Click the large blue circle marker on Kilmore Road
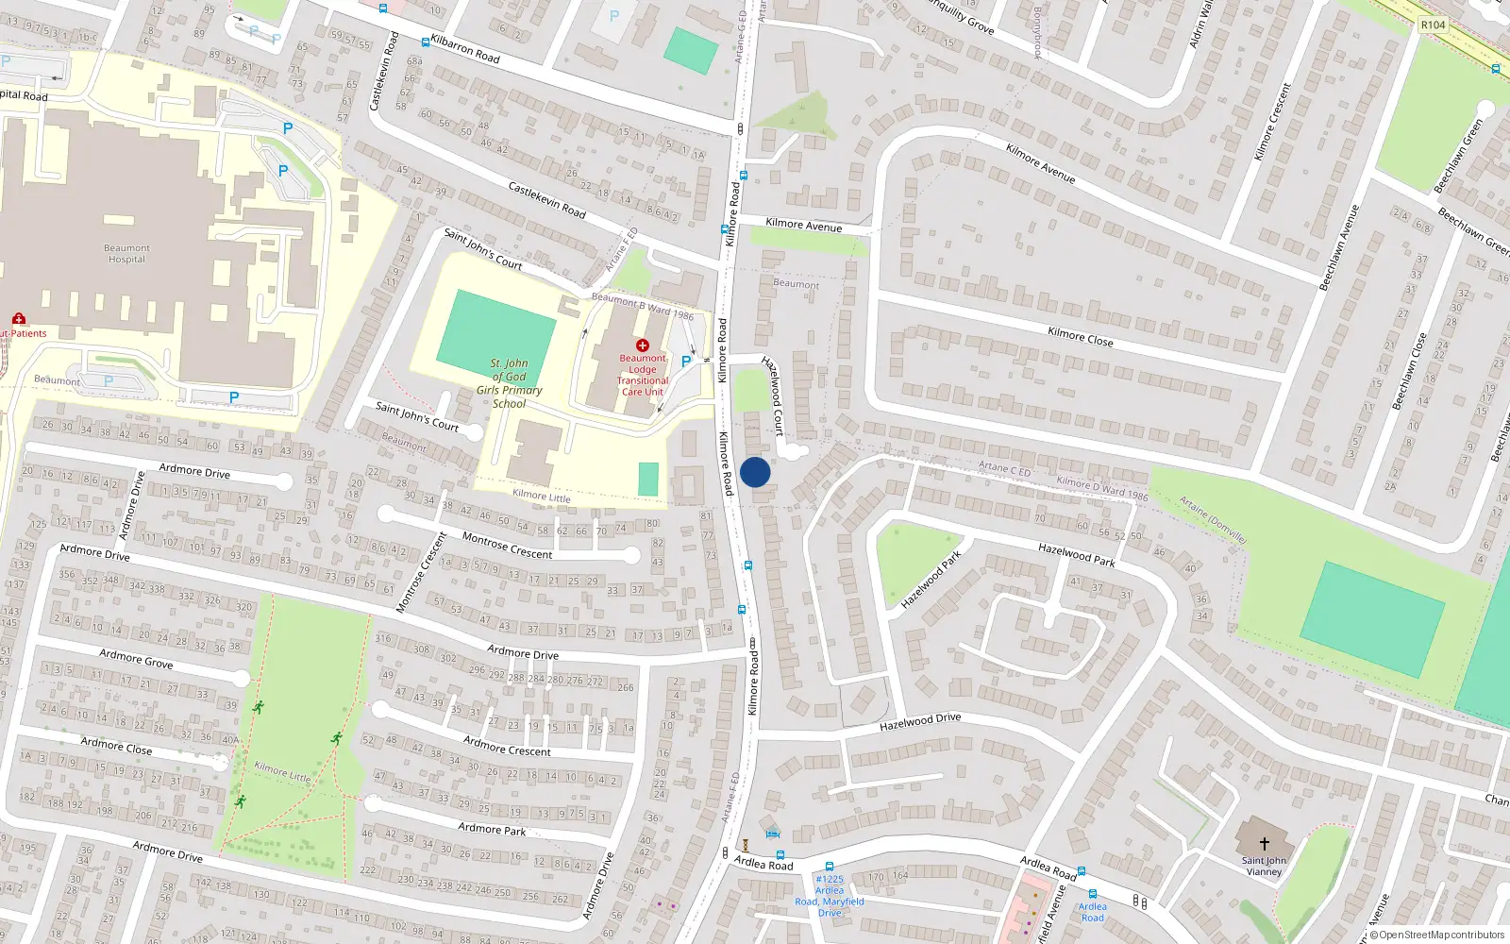(755, 472)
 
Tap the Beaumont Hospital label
(126, 254)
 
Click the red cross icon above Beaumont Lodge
(643, 346)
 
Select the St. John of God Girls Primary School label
(510, 383)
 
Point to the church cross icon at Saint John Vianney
(1264, 843)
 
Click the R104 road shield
(1433, 25)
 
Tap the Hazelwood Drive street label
(920, 722)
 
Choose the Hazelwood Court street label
(773, 396)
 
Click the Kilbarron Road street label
(465, 49)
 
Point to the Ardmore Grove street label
(136, 658)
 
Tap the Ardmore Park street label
(492, 829)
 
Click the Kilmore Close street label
(1080, 337)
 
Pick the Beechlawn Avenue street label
(1339, 247)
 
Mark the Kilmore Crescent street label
(1271, 122)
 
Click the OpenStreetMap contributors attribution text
(1441, 936)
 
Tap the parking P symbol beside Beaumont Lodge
(686, 361)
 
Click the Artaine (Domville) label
(1214, 519)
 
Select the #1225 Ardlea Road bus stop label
(830, 896)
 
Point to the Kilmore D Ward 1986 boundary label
(1102, 487)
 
